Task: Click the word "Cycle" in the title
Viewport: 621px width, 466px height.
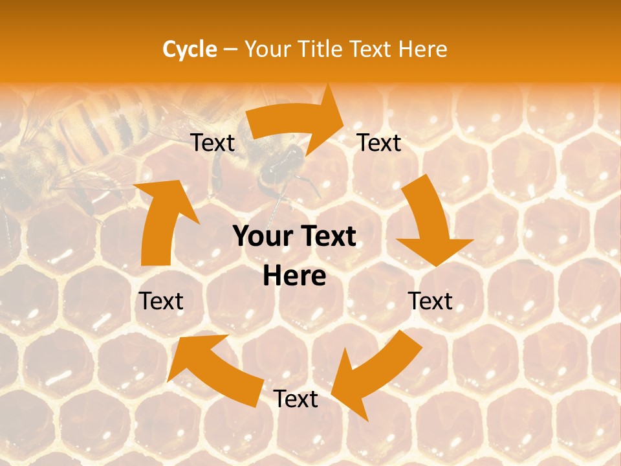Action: click(x=189, y=49)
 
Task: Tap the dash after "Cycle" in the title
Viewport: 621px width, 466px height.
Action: click(x=230, y=49)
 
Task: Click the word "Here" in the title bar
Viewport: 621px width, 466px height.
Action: click(x=424, y=49)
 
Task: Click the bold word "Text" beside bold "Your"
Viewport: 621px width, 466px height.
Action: click(x=327, y=237)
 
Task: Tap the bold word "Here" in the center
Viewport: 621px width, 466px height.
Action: click(x=294, y=276)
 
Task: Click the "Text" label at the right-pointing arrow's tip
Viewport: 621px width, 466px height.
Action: click(x=379, y=142)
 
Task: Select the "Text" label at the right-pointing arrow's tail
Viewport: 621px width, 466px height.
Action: click(x=213, y=142)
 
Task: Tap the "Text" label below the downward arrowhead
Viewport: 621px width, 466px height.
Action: click(x=430, y=301)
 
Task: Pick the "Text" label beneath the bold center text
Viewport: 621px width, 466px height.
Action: click(x=295, y=399)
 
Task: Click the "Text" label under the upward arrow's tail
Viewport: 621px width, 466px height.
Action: click(x=161, y=301)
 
